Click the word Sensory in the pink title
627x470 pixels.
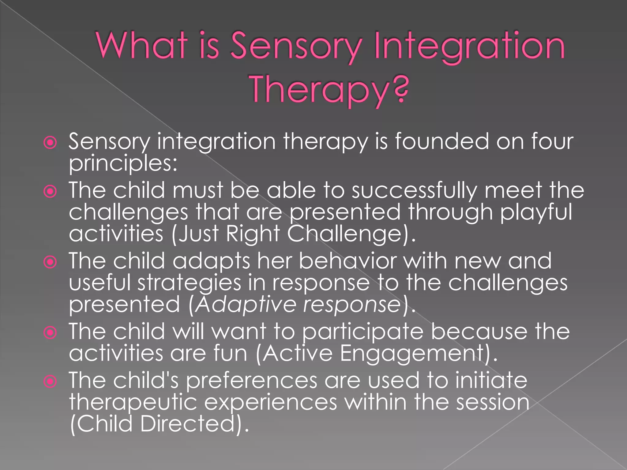coord(296,46)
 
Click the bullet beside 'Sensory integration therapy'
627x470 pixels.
coord(50,143)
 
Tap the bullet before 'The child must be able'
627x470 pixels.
coord(50,192)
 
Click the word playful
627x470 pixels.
coord(536,213)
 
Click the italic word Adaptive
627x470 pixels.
coord(246,305)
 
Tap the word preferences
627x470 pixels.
coord(251,381)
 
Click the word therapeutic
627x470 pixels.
coord(133,402)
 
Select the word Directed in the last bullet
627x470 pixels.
coord(188,424)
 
